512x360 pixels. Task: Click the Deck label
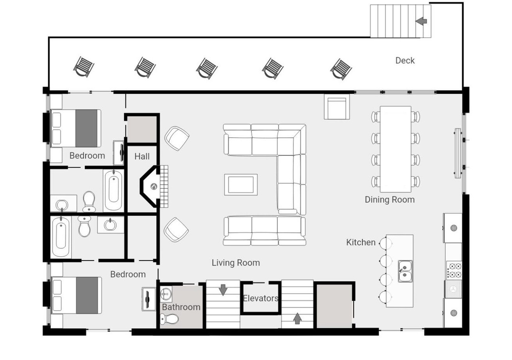405,60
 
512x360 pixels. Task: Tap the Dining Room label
390,200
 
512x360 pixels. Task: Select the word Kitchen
361,243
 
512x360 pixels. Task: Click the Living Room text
236,263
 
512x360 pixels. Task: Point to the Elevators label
261,298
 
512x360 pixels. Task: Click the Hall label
142,157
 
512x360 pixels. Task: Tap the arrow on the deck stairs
421,21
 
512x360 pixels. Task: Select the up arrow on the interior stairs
297,318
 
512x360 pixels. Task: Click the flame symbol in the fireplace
154,187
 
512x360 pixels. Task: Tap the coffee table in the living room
241,185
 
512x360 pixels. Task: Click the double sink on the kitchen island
405,271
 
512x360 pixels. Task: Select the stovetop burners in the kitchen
454,270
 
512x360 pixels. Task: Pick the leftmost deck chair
83,67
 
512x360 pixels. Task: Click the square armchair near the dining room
337,107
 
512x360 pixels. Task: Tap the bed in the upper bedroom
76,128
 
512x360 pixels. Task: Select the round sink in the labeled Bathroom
166,295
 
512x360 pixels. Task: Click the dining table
395,149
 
